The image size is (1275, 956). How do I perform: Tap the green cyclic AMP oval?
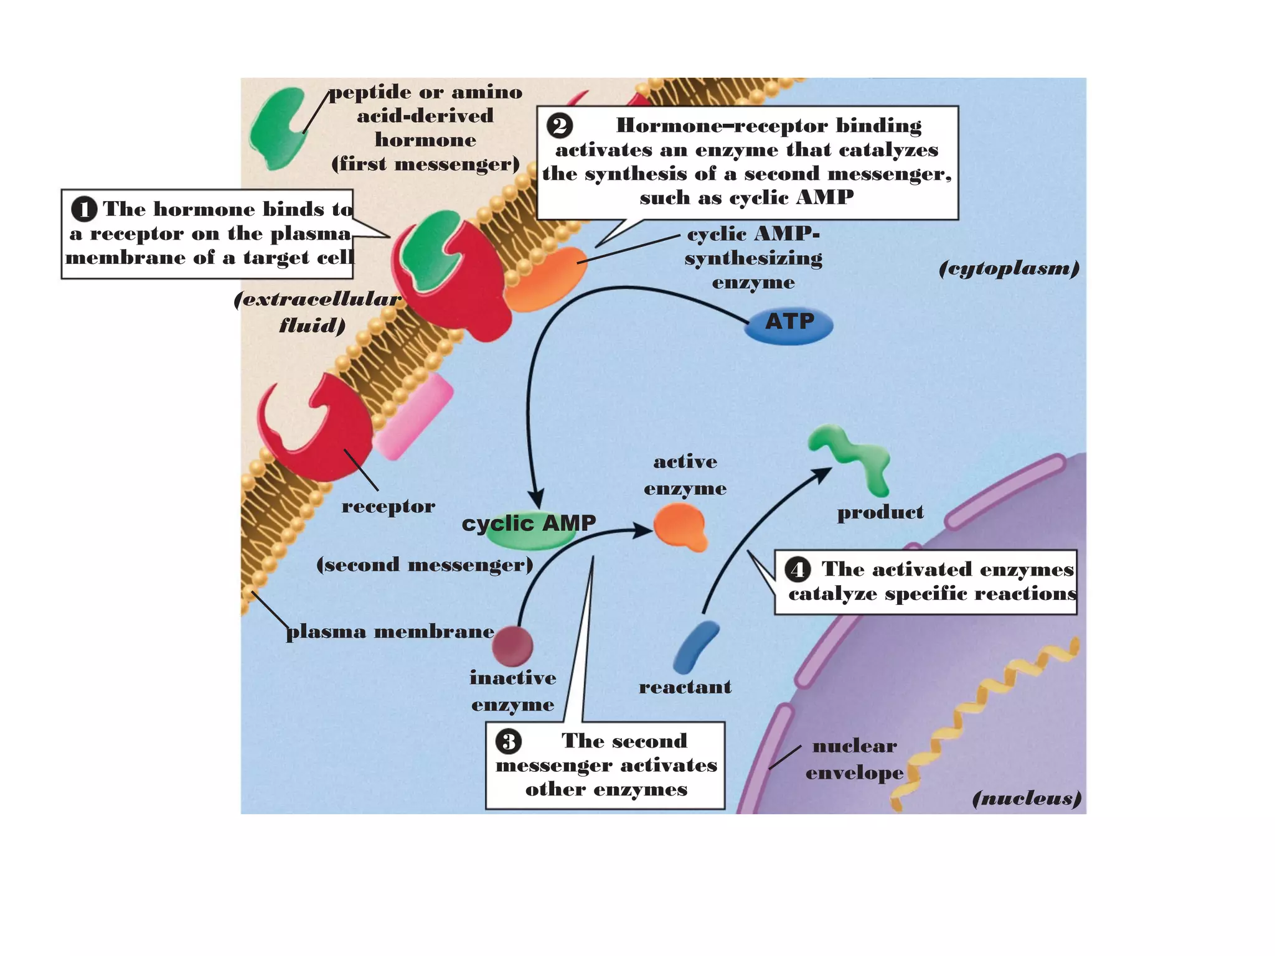(x=529, y=532)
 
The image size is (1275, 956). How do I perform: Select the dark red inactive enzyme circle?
(x=512, y=646)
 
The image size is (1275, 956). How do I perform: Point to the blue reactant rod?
(x=696, y=647)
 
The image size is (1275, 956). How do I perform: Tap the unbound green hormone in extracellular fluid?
(x=278, y=128)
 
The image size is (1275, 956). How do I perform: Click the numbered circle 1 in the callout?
(x=84, y=209)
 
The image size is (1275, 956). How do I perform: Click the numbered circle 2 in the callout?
(x=560, y=126)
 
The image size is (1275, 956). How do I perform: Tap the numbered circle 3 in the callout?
(x=509, y=741)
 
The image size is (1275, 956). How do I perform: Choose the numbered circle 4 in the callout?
(x=797, y=569)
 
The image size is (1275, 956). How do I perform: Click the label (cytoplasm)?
(x=1009, y=268)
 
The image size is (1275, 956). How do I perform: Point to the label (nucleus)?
(x=1027, y=798)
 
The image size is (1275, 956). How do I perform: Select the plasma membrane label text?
(x=390, y=632)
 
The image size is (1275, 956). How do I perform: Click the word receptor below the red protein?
(x=388, y=506)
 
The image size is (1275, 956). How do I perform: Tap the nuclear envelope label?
(x=854, y=759)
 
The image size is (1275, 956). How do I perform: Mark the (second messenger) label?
(x=425, y=565)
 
